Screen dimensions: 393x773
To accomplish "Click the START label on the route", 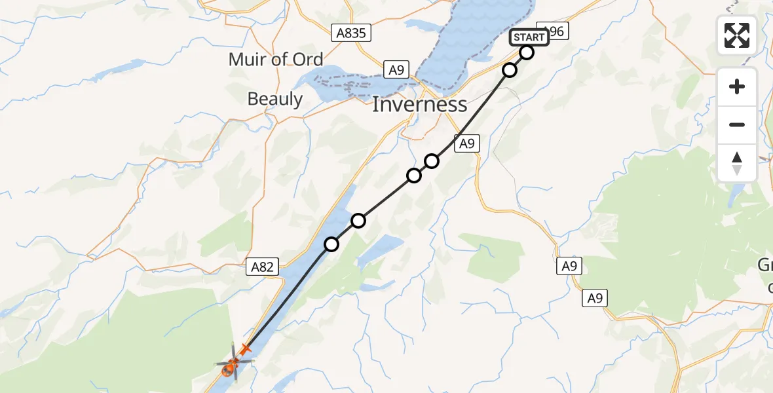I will tap(529, 37).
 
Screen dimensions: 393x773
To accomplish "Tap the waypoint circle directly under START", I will tap(527, 52).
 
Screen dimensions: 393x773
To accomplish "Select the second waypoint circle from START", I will tap(510, 69).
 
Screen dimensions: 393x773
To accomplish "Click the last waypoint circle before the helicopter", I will tap(331, 244).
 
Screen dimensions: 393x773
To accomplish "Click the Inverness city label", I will tap(419, 105).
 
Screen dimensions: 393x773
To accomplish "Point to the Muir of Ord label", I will tap(276, 60).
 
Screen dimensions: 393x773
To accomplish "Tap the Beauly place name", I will tap(275, 99).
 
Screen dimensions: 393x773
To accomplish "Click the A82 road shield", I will tap(263, 267).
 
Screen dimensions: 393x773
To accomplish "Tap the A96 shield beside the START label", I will tap(554, 31).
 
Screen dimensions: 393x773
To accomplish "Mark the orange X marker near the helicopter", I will tap(246, 349).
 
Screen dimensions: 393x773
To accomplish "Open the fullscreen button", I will tap(737, 35).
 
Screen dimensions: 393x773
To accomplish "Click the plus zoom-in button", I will tap(737, 86).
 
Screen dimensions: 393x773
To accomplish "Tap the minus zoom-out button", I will tap(737, 124).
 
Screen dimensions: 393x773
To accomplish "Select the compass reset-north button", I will tap(737, 162).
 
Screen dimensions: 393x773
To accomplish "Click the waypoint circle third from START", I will tap(432, 160).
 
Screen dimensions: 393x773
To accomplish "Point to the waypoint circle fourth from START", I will tap(414, 175).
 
